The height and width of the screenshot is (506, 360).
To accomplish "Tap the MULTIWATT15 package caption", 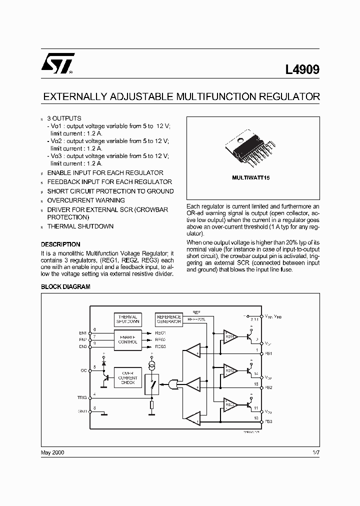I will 250,178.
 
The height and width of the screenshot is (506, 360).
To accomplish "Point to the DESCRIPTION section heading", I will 60,244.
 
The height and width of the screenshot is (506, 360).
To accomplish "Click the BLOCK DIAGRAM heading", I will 65,287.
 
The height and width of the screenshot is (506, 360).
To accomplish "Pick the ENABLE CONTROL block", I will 127,339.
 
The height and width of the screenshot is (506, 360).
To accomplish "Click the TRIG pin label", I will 82,397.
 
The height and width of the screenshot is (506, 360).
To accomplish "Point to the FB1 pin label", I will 268,353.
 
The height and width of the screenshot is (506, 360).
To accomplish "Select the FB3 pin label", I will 268,421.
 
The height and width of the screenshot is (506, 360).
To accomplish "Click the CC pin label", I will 83,370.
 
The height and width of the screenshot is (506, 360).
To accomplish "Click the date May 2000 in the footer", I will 52,452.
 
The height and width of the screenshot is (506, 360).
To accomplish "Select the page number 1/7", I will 314,452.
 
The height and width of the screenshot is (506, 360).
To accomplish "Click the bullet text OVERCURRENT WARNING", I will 86,200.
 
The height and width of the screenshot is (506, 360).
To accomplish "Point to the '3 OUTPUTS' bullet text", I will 64,118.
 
